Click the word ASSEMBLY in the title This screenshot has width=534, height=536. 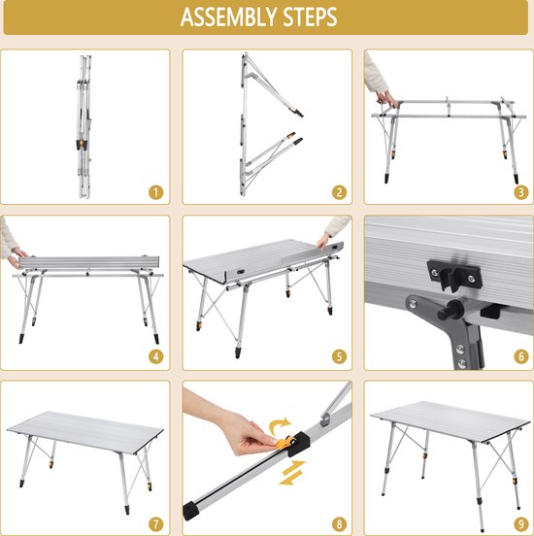tap(229, 17)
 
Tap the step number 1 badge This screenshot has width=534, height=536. tap(156, 192)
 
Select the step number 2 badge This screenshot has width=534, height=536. tap(339, 192)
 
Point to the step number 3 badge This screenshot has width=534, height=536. tap(521, 192)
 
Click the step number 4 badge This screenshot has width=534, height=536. tap(156, 357)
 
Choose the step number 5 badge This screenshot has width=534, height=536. tap(339, 357)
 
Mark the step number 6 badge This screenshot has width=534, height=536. tap(521, 357)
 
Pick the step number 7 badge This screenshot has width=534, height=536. tap(156, 524)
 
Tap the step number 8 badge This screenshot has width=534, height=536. tap(339, 524)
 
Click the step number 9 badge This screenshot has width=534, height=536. tap(521, 524)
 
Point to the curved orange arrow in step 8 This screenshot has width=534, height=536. tap(279, 425)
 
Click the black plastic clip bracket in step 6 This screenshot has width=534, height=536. tap(454, 275)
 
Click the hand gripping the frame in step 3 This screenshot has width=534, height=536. tap(385, 98)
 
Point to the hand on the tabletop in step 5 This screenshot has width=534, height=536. tap(323, 241)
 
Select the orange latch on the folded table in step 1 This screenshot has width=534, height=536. tap(82, 143)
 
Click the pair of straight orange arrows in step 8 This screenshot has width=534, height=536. tap(291, 473)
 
